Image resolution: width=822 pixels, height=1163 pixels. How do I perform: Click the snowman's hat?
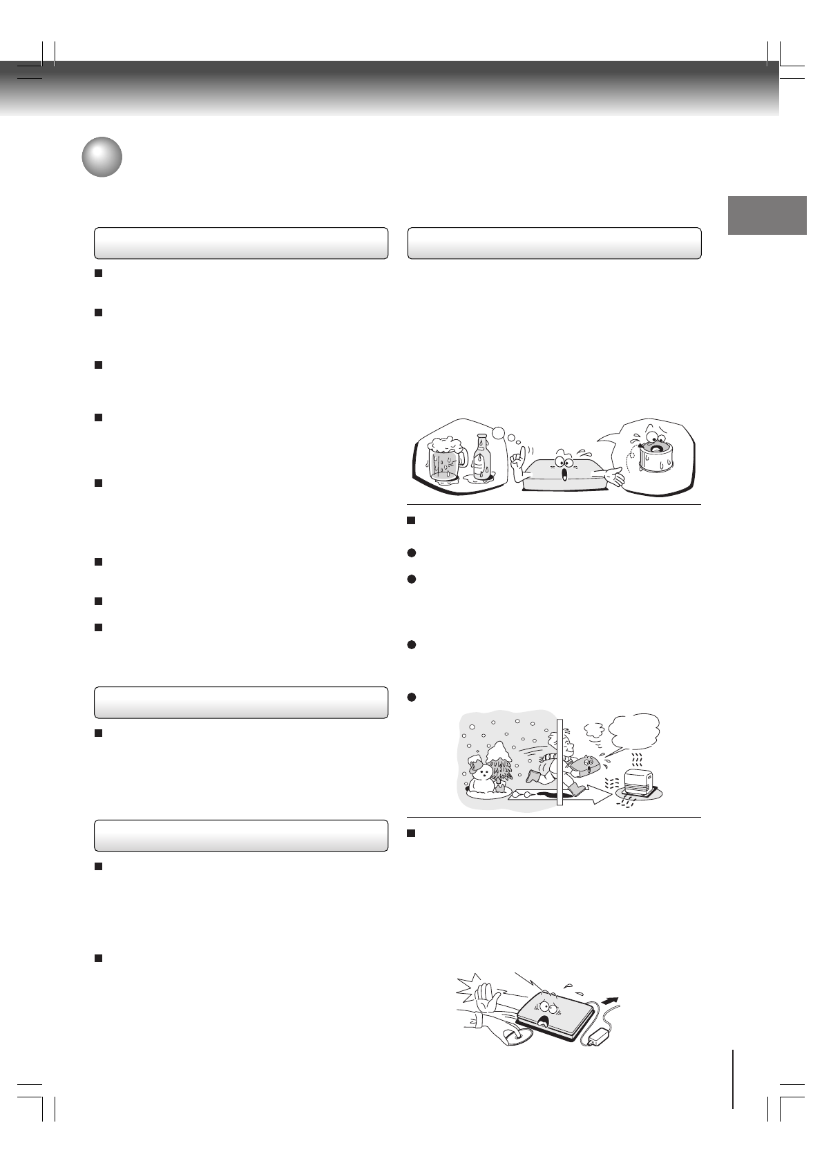[x=475, y=760]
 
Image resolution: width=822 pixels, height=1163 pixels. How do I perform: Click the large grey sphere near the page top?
[x=102, y=157]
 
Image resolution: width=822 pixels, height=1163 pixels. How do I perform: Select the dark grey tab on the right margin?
[x=767, y=215]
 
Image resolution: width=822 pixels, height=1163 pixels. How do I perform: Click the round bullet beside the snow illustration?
[x=412, y=698]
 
